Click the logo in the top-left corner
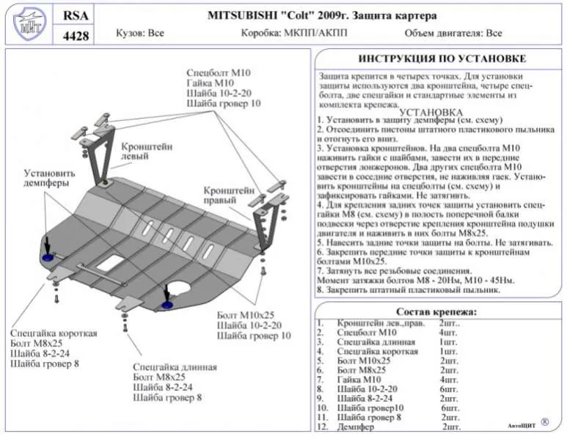(28, 23)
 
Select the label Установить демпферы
(46, 178)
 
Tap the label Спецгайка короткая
(54, 333)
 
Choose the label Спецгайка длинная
(175, 366)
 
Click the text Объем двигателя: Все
(453, 34)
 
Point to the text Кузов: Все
(140, 34)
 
